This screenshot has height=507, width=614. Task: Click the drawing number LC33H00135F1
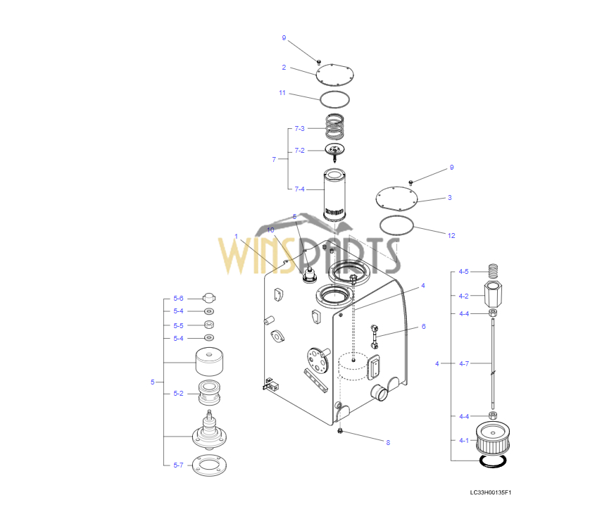click(x=491, y=492)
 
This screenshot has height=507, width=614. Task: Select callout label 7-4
click(x=299, y=189)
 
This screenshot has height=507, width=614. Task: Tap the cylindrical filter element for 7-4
click(x=334, y=194)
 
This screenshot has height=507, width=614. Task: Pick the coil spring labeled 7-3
click(x=334, y=126)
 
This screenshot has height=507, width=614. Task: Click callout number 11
click(x=282, y=93)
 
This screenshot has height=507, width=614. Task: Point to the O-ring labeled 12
click(x=396, y=225)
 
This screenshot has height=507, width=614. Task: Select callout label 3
click(x=449, y=197)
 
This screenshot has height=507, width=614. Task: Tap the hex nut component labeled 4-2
click(x=494, y=294)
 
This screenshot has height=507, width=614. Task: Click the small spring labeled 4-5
click(x=494, y=270)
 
